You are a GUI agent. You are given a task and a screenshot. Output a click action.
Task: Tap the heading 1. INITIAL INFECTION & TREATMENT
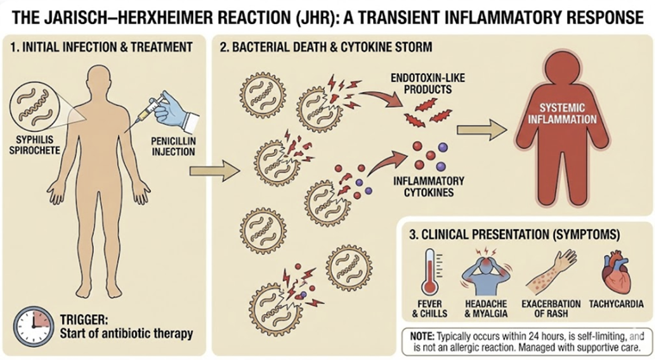pyautogui.click(x=103, y=46)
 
